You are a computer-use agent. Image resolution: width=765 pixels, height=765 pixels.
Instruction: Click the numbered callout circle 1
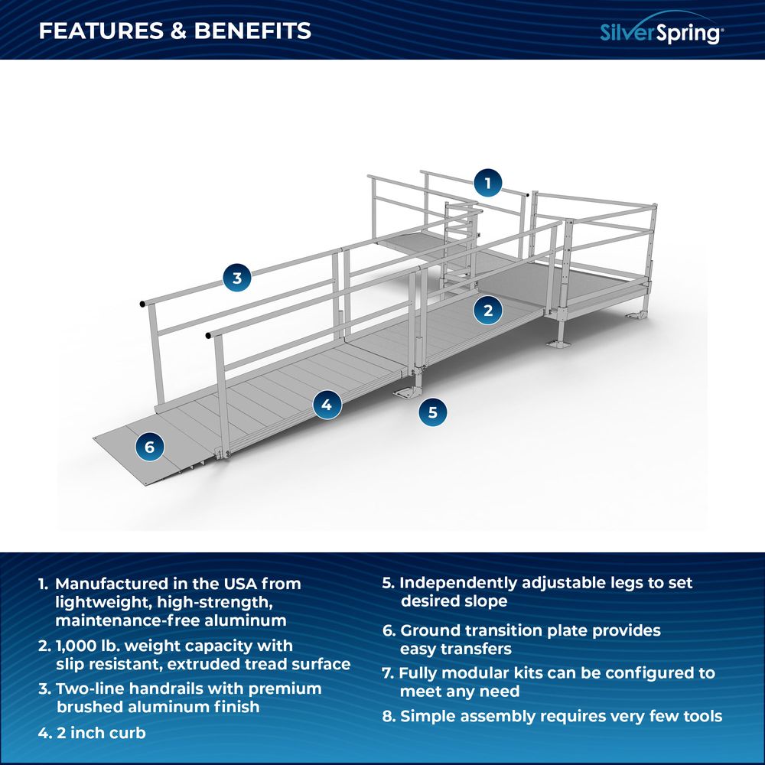(488, 183)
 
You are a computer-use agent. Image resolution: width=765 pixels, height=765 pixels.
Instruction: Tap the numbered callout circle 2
(488, 310)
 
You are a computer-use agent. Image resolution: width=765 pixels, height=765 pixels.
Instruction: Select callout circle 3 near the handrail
(237, 278)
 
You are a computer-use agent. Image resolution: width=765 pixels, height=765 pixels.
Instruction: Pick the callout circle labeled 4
(327, 404)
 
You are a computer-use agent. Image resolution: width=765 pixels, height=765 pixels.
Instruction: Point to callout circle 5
(433, 412)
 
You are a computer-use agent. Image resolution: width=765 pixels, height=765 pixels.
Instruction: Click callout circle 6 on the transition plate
(149, 447)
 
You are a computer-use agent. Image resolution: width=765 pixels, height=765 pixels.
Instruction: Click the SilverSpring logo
(662, 31)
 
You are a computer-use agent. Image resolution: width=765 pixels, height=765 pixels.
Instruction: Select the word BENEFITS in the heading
(252, 31)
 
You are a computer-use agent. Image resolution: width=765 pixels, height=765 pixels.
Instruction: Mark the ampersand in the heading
(179, 31)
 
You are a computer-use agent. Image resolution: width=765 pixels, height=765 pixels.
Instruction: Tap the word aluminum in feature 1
(245, 620)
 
